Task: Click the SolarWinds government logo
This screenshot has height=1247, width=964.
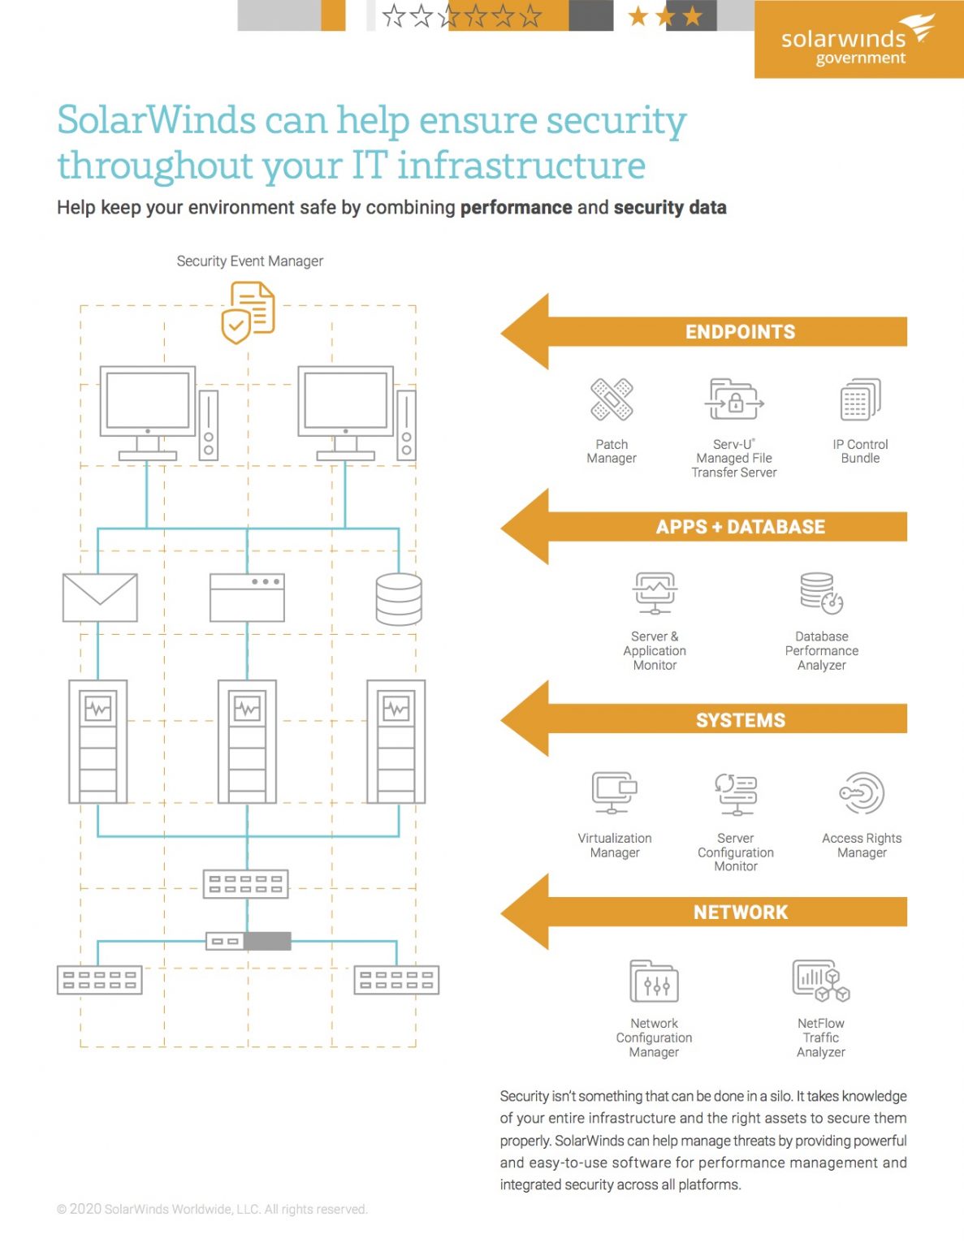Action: tap(858, 41)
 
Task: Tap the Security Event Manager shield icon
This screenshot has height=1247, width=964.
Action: tap(248, 313)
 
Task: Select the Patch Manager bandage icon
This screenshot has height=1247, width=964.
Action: tap(612, 399)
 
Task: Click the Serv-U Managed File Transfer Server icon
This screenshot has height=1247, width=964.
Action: tap(734, 399)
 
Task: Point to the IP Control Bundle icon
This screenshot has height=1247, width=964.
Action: tap(860, 399)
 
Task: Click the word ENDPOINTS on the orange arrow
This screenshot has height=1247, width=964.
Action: tap(740, 332)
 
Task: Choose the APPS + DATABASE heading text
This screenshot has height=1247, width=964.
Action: tap(740, 527)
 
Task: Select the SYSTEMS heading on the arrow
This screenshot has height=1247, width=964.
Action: tap(740, 720)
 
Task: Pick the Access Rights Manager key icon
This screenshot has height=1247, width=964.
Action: tap(862, 793)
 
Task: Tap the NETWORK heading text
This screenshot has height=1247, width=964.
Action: tap(740, 913)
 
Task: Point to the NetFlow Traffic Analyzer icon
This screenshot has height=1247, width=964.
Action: tap(820, 981)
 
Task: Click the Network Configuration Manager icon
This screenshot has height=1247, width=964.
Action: tap(654, 981)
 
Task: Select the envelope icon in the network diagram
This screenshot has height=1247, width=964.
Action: tap(100, 598)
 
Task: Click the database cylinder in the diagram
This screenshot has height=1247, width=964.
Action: tap(399, 599)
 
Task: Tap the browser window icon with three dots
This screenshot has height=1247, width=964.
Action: tap(247, 598)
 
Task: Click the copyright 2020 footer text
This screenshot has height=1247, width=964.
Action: tap(212, 1209)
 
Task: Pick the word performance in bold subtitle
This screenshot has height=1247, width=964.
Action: tap(516, 208)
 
